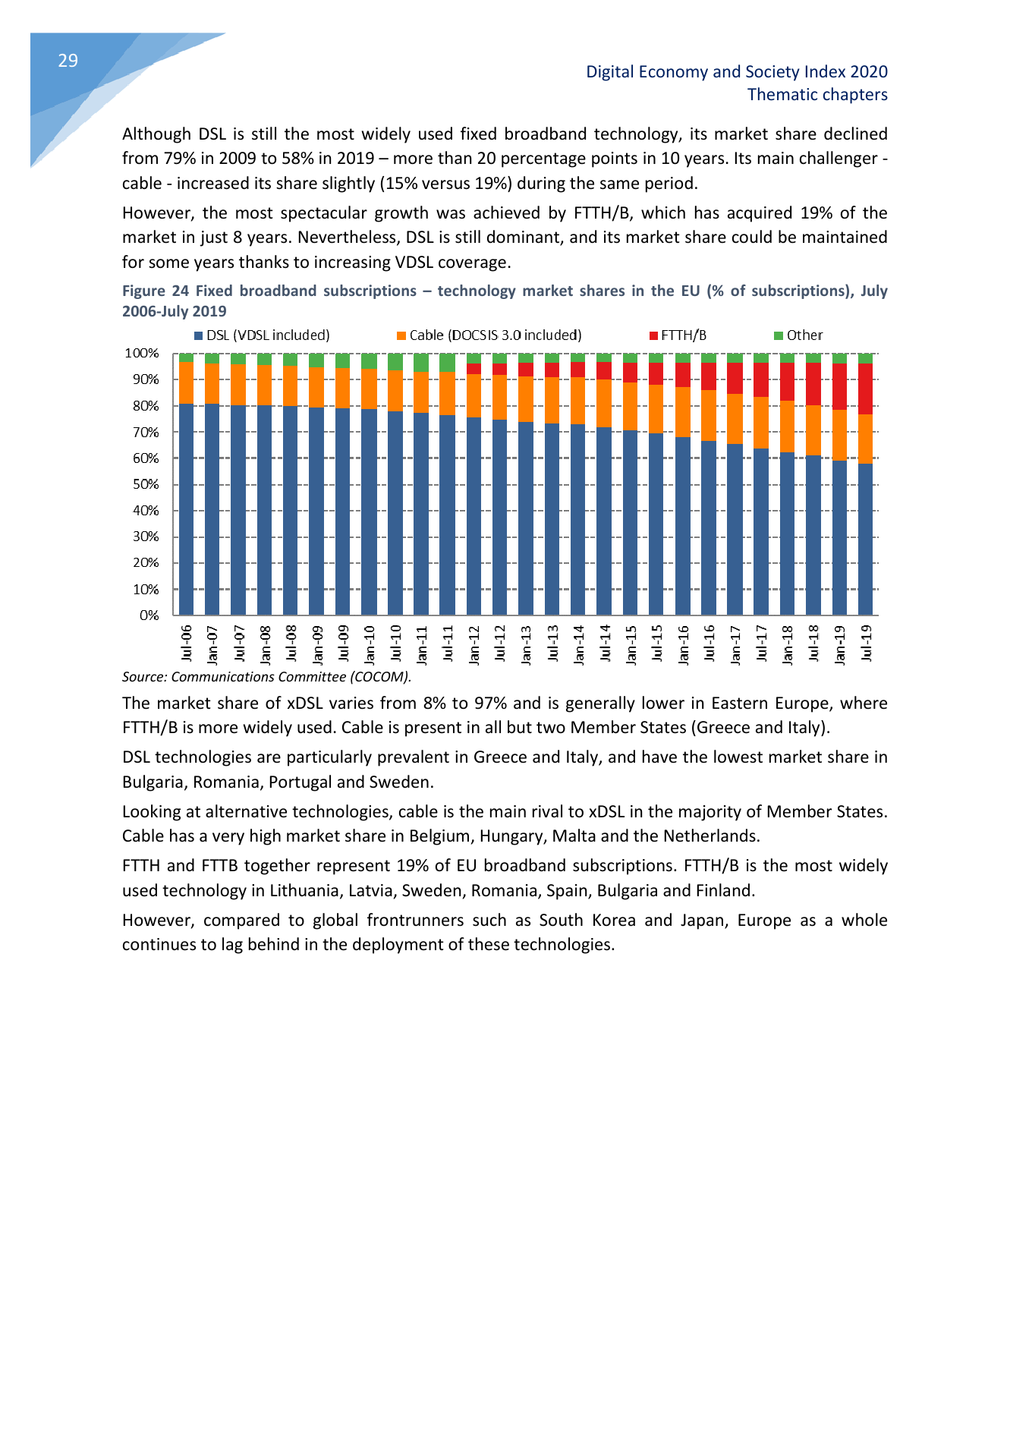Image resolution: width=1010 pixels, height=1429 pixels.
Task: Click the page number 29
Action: [x=68, y=61]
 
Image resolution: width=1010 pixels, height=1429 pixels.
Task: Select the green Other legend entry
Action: [x=798, y=335]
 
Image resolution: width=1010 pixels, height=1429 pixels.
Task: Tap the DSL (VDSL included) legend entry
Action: [x=262, y=335]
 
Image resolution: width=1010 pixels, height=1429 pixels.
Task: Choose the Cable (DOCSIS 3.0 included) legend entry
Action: [x=489, y=335]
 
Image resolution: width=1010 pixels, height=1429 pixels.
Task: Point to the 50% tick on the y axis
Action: [x=146, y=484]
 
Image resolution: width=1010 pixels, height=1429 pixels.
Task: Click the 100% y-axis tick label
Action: [x=142, y=354]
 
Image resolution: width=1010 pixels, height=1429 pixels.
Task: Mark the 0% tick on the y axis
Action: [x=149, y=615]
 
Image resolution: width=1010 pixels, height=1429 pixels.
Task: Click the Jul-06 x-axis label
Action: [x=187, y=643]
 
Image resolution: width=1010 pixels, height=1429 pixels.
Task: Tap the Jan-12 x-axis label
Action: [x=474, y=644]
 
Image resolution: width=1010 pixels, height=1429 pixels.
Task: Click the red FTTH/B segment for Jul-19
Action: [x=865, y=389]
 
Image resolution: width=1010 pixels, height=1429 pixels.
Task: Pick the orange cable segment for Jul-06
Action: [x=186, y=382]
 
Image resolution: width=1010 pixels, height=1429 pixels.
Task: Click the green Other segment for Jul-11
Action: [x=447, y=362]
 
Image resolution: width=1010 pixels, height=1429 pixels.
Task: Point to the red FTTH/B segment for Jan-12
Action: [x=474, y=369]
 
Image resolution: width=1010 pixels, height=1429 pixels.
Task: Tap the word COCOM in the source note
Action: [x=379, y=677]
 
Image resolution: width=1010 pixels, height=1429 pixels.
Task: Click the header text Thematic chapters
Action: [x=817, y=95]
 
